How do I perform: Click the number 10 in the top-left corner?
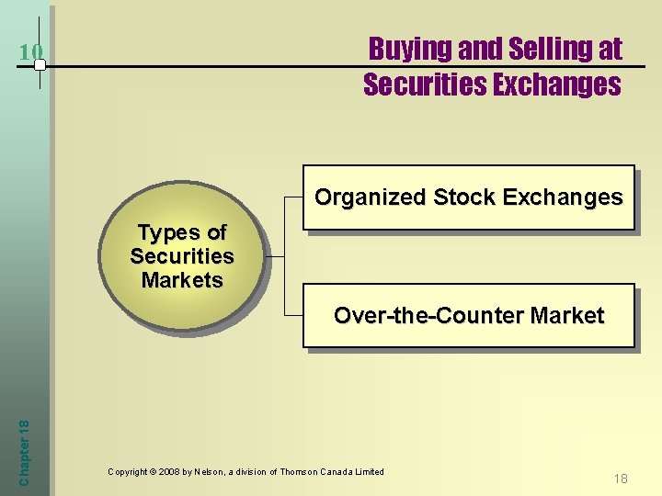click(x=30, y=52)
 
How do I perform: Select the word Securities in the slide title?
click(x=423, y=85)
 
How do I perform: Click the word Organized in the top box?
click(x=371, y=197)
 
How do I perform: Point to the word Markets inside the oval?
click(x=182, y=280)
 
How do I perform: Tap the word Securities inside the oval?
click(x=182, y=256)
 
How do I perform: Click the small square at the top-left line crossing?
click(x=40, y=65)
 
